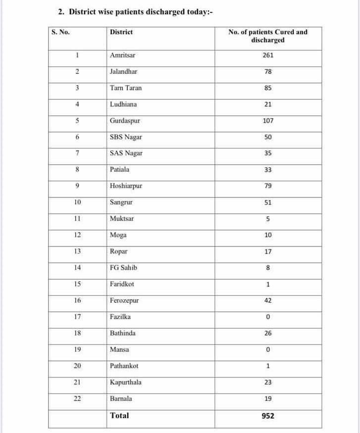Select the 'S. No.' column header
60,32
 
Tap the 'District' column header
121,32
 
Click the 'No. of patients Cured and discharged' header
268,36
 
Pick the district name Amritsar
122,55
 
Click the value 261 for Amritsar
268,55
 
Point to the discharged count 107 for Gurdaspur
268,121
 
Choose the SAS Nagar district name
126,153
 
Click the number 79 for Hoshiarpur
268,186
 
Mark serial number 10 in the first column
77,202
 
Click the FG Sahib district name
123,268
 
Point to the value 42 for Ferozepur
268,300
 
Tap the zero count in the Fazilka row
268,317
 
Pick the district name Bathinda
122,333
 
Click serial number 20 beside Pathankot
77,366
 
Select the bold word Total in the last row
119,416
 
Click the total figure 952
268,416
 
